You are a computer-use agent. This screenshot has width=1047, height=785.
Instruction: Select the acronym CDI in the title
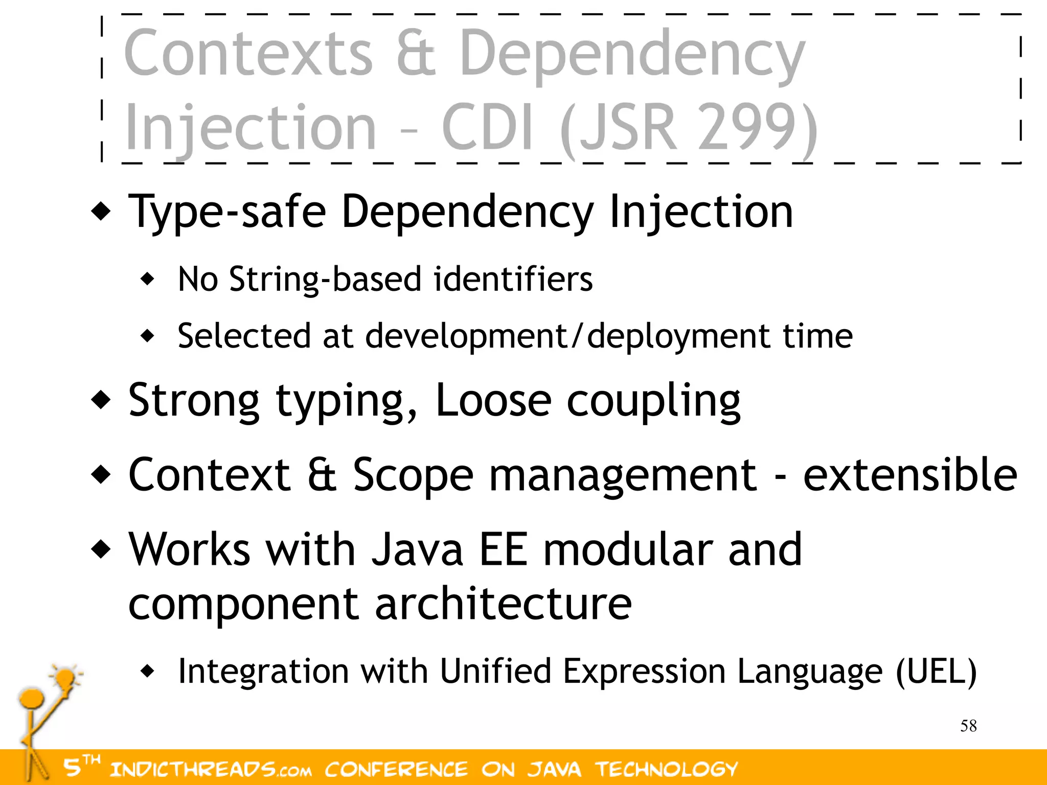(488, 128)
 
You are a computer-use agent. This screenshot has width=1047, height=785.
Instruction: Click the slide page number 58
(968, 726)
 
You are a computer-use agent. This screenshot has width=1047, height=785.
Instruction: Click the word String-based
(325, 280)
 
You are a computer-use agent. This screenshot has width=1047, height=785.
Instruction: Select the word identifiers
(513, 280)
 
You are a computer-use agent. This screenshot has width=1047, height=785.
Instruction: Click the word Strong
(194, 401)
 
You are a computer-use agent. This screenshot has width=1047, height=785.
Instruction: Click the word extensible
(910, 475)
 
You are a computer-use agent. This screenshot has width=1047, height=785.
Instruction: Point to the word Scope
(413, 475)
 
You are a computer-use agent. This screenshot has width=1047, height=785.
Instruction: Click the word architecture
(504, 604)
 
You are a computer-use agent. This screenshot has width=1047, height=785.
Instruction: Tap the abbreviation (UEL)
(937, 671)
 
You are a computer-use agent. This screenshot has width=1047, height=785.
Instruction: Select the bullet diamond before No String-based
(147, 280)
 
